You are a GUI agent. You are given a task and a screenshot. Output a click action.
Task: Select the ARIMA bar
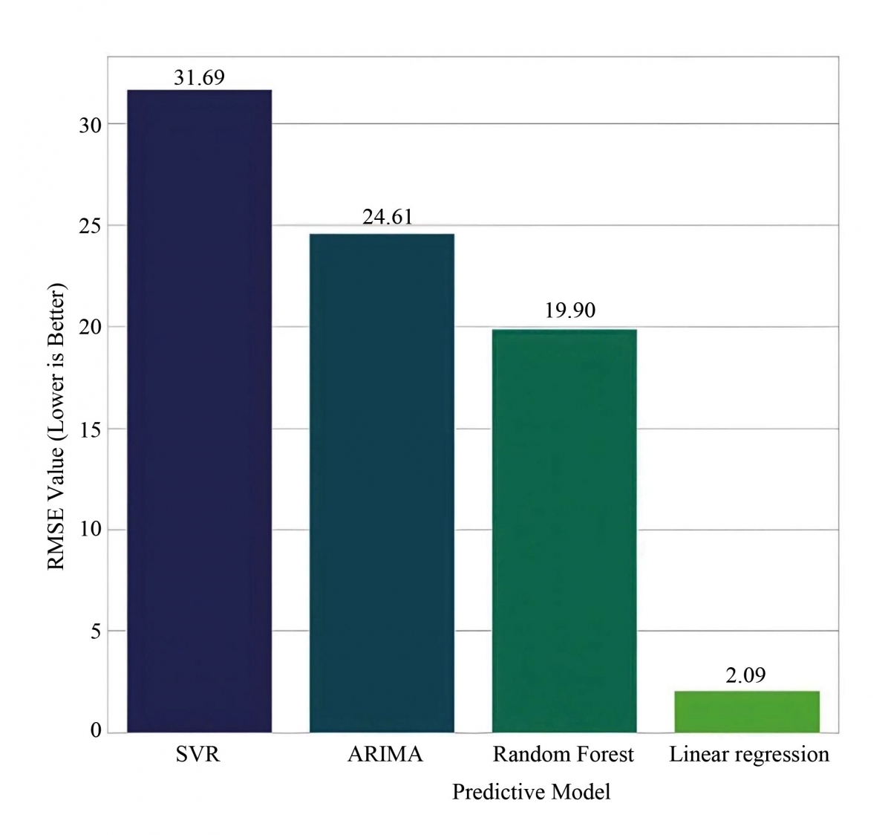coord(382,483)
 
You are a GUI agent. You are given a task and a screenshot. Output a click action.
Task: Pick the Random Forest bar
coord(564,530)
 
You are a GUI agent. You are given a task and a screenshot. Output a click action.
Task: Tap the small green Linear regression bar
coord(747,712)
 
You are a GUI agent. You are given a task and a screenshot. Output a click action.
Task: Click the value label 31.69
coord(199,77)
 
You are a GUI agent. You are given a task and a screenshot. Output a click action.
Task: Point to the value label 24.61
coord(387,217)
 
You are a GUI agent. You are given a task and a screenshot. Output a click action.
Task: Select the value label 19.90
coord(569,310)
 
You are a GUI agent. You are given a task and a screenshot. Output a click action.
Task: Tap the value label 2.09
coord(745,675)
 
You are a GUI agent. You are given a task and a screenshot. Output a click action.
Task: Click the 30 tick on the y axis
coord(90,125)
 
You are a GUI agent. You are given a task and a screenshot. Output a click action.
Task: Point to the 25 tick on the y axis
coord(90,226)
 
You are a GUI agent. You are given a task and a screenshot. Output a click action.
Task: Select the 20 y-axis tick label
coord(90,328)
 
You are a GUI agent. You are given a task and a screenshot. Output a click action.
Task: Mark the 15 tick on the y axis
coord(90,429)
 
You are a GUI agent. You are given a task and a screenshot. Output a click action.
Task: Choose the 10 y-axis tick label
coord(90,530)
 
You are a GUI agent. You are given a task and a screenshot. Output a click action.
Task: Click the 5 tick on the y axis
coord(95,632)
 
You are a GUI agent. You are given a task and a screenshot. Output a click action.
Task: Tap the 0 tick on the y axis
coord(95,732)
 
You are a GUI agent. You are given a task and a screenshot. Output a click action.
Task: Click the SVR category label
coord(198,755)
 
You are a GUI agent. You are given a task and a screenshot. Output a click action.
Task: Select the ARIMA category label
coord(385,755)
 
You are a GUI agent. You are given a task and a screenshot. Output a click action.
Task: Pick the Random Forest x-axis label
coord(563,755)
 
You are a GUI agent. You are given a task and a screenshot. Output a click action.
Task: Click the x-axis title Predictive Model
coord(531,792)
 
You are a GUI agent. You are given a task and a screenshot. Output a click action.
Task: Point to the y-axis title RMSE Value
coord(57,426)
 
